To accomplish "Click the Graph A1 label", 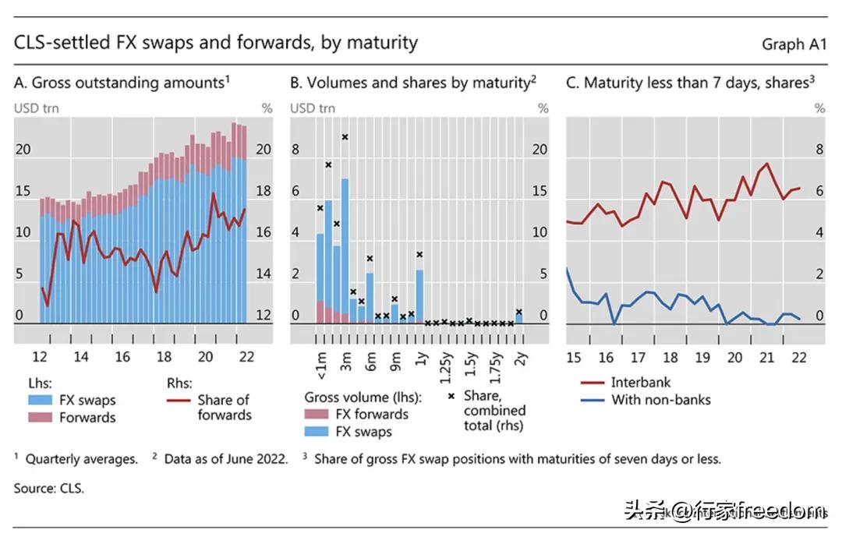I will coord(794,44).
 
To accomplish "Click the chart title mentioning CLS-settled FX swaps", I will coord(216,42).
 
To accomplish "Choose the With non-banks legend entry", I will coord(660,400).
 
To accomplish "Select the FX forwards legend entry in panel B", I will coord(370,415).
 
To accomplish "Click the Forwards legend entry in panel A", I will coord(87,418).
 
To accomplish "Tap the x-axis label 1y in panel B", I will coord(422,360).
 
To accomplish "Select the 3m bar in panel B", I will coord(345,249).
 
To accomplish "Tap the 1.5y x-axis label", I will coord(471,365).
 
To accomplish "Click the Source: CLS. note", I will coord(48,489).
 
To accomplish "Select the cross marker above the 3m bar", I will coord(345,136).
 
